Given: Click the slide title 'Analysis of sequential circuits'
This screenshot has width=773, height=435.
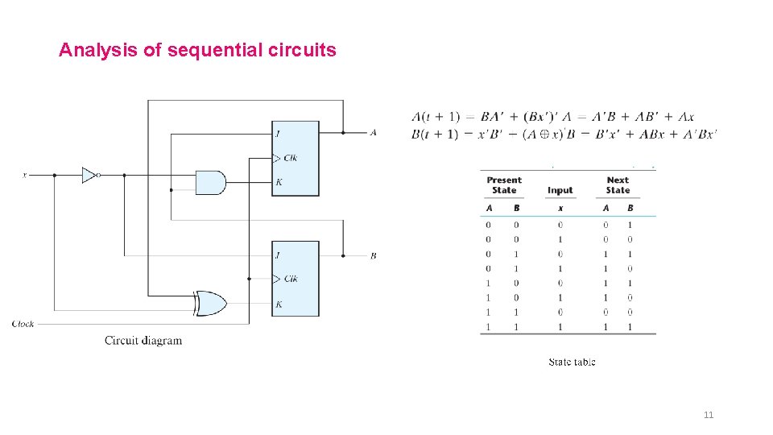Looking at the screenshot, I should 197,51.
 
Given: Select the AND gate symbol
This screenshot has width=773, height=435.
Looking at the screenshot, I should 211,182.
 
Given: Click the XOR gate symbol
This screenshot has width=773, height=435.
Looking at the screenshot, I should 210,304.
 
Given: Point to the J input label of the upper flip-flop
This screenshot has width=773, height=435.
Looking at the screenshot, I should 278,133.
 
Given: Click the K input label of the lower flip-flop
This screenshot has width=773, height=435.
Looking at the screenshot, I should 279,304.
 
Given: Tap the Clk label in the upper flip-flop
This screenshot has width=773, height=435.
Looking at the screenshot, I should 290,158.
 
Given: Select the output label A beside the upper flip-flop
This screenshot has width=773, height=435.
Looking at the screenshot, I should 373,133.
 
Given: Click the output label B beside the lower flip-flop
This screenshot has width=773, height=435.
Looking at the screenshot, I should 373,256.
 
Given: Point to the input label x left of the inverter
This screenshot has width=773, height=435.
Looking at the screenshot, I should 24,175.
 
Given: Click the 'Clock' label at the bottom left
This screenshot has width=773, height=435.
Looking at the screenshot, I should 23,324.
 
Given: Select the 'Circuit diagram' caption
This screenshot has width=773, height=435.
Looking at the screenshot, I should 143,340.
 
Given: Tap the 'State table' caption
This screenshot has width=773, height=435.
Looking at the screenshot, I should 572,362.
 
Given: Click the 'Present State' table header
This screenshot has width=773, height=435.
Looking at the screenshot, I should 504,185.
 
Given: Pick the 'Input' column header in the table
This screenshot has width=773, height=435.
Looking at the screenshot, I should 560,191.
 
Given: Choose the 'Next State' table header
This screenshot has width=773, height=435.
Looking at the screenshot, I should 618,185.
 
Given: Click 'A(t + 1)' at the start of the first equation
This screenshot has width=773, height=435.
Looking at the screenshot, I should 435,117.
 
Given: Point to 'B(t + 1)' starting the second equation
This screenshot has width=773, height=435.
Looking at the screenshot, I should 435,135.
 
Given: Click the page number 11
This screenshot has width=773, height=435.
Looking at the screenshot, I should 709,415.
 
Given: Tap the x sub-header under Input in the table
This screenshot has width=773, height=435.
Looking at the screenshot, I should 560,209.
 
